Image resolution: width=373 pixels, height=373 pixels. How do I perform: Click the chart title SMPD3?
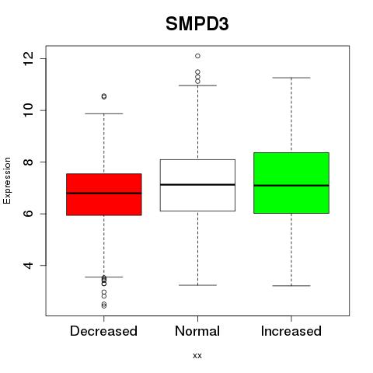pos(197,24)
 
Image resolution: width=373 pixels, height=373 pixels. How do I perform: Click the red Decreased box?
pos(104,194)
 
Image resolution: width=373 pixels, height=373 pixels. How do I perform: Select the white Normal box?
pos(197,185)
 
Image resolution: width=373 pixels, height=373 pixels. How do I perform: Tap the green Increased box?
pos(291,183)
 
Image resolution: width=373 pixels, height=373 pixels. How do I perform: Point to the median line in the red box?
pos(104,193)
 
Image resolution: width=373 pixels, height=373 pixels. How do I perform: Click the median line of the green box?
pos(291,186)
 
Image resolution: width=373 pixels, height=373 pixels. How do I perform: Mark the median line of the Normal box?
pos(197,185)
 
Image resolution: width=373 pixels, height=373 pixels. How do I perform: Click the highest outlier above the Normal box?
pos(197,56)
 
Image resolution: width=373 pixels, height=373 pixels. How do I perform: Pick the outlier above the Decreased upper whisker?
pos(104,96)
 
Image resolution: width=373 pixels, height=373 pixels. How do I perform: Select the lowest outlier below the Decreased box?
pos(104,306)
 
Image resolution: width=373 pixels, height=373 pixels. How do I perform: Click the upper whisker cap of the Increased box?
pos(291,78)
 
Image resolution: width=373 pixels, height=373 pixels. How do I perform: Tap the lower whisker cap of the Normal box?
pos(197,285)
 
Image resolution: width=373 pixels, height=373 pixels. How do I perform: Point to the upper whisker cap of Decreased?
pos(104,113)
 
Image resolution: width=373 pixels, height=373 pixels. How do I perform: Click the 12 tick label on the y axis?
pos(28,58)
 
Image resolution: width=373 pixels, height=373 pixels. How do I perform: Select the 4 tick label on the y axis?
pos(28,266)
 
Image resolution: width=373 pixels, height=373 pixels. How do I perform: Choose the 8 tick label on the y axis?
pos(28,162)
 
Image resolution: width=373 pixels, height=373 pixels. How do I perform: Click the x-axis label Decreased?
pos(103,331)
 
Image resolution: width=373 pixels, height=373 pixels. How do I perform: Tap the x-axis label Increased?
pos(291,331)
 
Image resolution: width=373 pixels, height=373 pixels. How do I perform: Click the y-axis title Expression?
pos(7,180)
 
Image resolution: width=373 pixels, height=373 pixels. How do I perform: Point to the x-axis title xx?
pos(197,356)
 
